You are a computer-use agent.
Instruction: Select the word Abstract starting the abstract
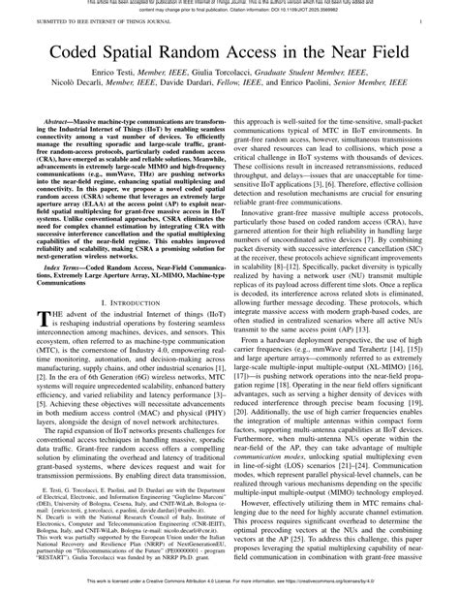pyautogui.click(x=54, y=115)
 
